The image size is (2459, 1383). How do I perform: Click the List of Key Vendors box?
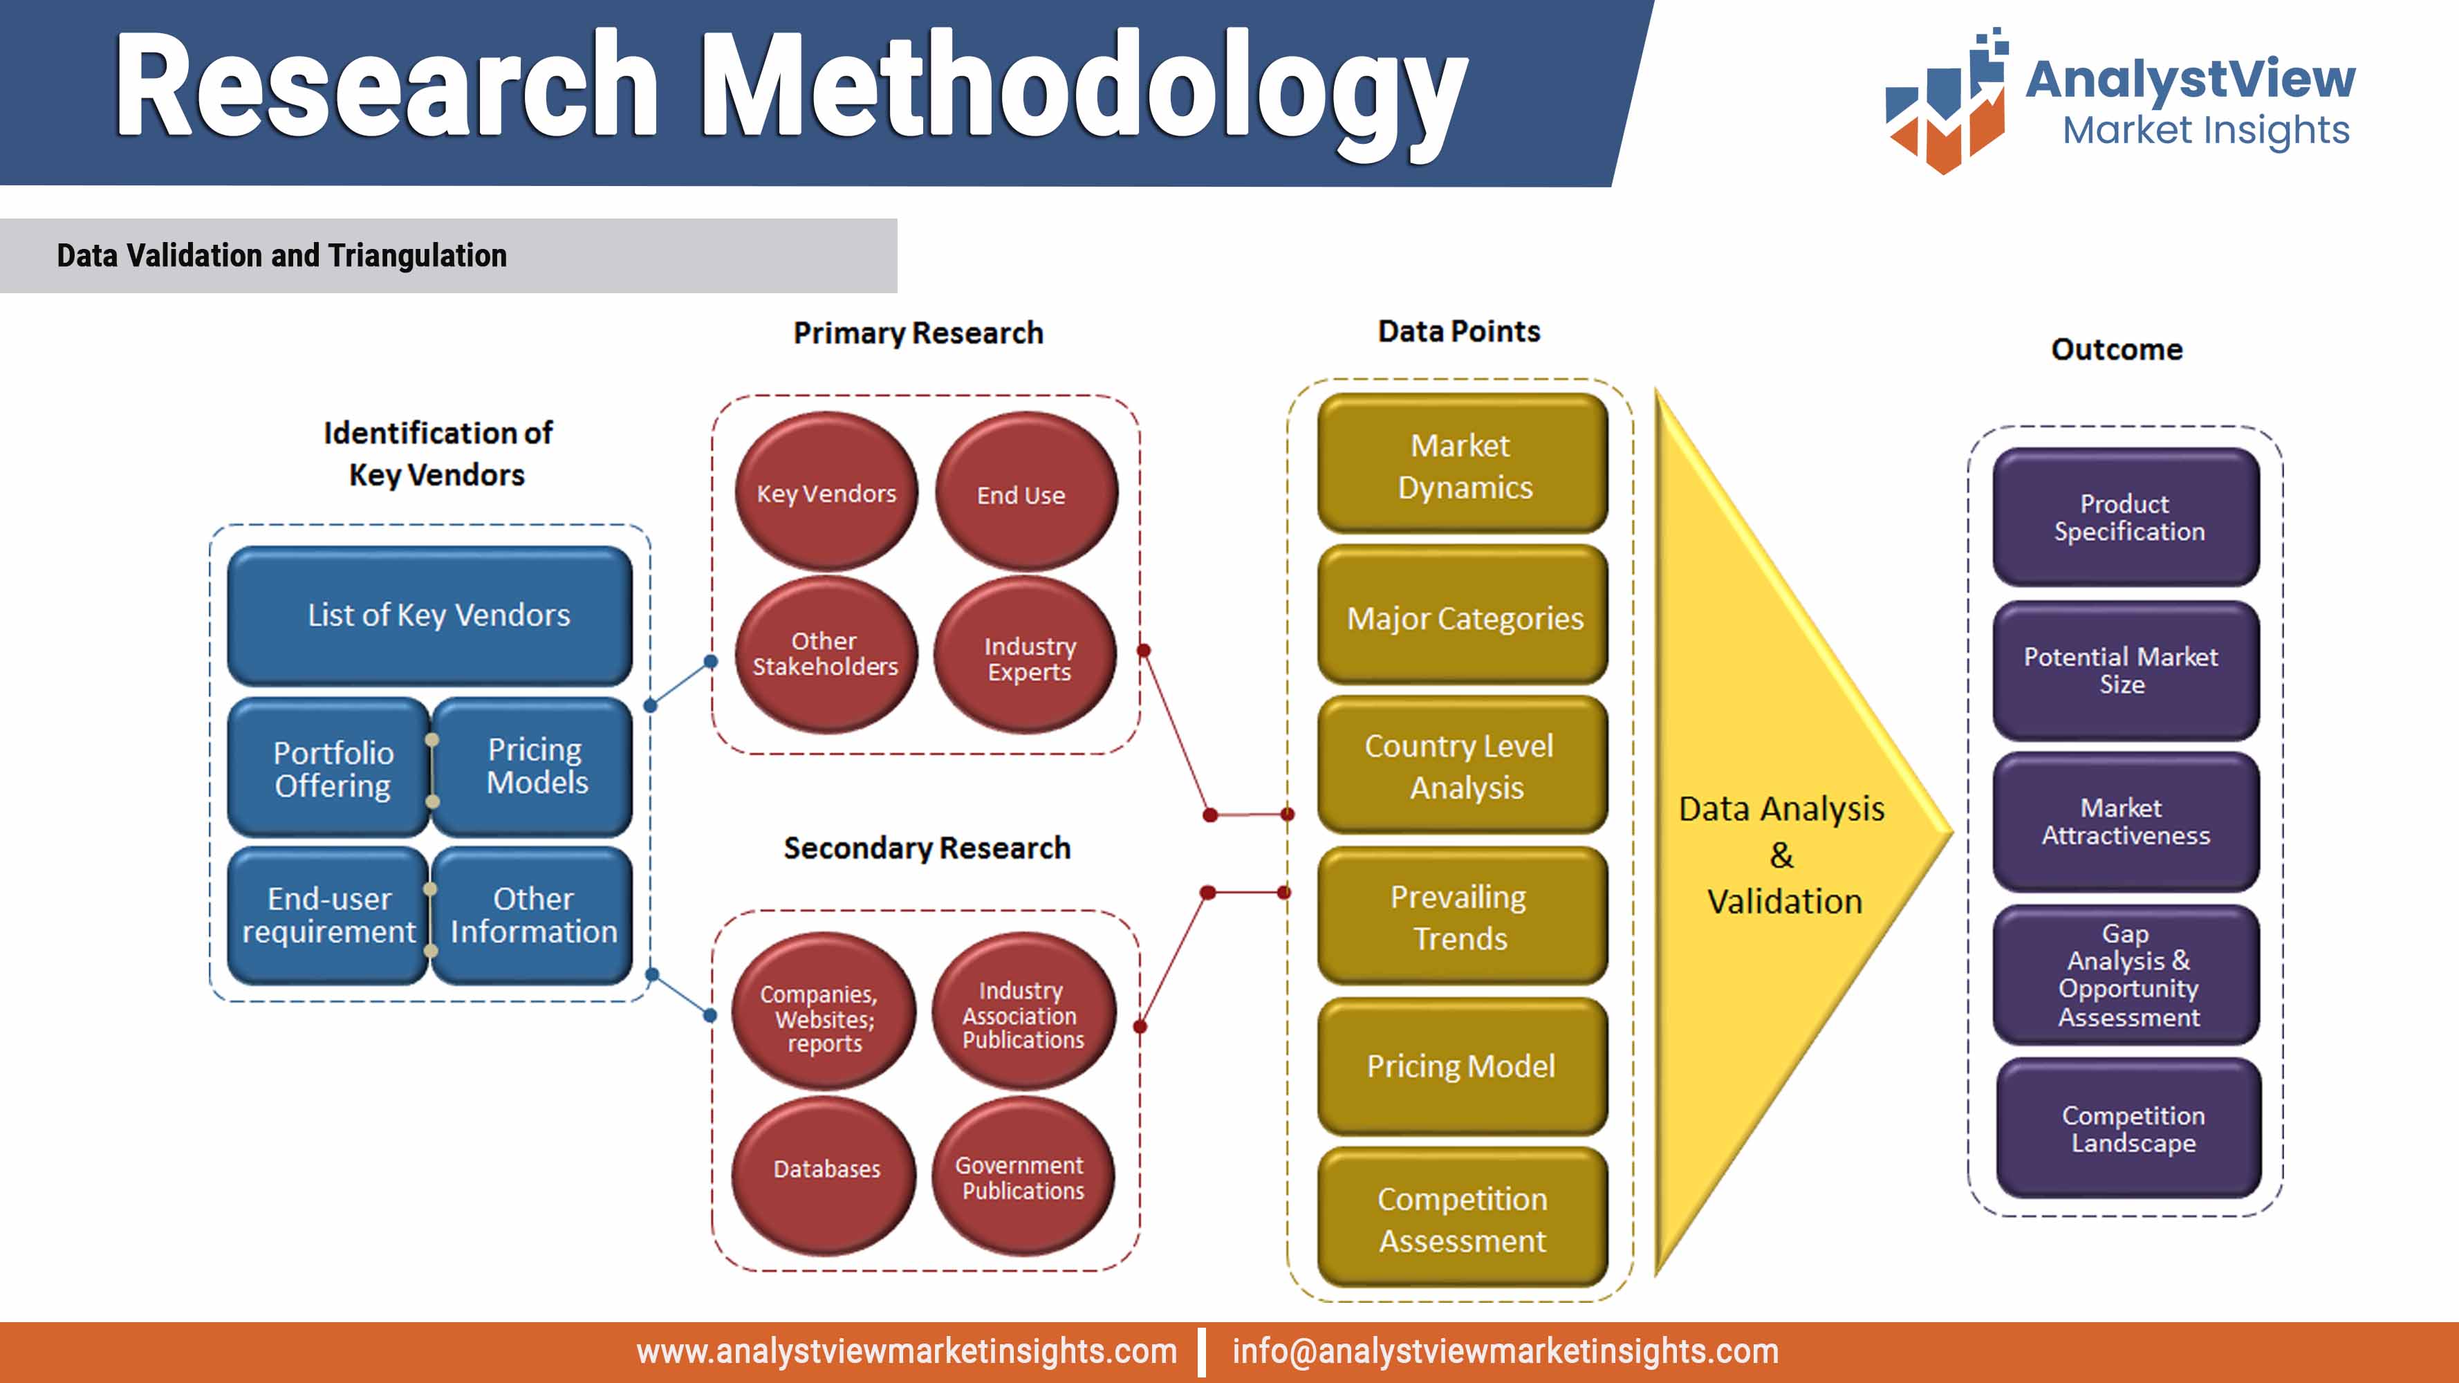pos(429,615)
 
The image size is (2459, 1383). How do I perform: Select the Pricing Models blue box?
pos(534,766)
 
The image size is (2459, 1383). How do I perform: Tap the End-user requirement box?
pos(328,916)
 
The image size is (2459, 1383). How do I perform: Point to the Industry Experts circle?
pos(1026,658)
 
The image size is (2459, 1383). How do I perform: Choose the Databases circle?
pos(825,1170)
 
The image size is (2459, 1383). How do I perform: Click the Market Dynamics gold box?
pos(1463,466)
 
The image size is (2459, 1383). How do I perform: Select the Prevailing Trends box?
pos(1461,917)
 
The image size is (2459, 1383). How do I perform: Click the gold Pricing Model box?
pos(1461,1066)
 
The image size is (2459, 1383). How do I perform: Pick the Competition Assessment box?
pos(1461,1219)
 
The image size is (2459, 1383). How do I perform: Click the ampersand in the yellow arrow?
pos(1781,855)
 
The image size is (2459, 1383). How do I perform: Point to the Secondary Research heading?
pos(926,848)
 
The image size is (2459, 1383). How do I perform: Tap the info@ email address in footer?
pos(1505,1351)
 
